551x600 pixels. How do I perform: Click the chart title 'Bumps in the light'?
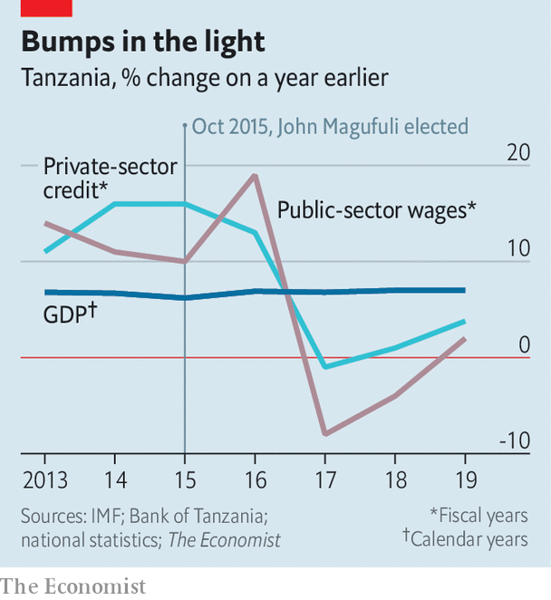click(143, 43)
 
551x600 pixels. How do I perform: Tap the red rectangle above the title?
click(46, 8)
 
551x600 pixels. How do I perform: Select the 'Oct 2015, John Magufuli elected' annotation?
click(330, 127)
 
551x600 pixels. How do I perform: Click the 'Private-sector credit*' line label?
click(111, 179)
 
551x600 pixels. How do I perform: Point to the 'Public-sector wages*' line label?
click(376, 210)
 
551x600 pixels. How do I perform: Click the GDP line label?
click(70, 313)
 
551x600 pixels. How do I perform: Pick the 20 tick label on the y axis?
click(518, 152)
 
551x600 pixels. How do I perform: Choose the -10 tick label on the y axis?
click(515, 440)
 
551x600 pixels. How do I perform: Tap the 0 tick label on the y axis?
click(525, 344)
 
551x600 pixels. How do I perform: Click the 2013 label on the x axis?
click(45, 480)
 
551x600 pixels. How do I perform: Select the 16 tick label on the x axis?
click(256, 480)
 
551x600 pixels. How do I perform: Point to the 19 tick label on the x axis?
click(466, 480)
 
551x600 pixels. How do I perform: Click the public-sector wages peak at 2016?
click(255, 176)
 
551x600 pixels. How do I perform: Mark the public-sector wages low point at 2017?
click(325, 434)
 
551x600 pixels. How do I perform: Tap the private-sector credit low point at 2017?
click(325, 367)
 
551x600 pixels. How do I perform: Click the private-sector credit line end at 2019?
click(465, 322)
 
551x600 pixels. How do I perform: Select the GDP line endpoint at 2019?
click(465, 290)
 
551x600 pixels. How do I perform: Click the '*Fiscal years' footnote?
click(478, 516)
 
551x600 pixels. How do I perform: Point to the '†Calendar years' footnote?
click(465, 538)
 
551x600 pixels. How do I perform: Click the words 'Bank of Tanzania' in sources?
click(196, 516)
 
